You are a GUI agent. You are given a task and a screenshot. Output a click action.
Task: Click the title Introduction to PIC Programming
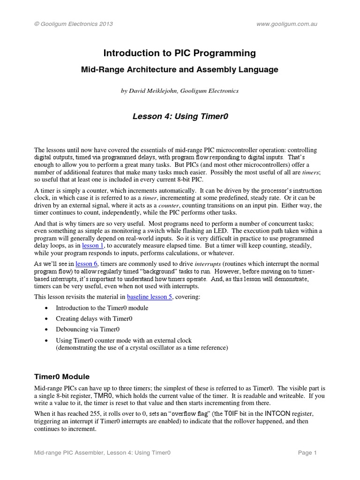(x=180, y=53)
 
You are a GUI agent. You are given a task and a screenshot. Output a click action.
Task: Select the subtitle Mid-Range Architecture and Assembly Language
(x=180, y=69)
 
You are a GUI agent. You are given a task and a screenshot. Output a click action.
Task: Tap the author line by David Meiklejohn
(x=180, y=91)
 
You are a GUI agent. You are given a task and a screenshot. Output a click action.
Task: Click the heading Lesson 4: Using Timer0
(x=180, y=116)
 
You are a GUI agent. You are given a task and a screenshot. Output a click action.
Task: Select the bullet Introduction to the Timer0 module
(x=102, y=308)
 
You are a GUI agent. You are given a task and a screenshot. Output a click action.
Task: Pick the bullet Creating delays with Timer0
(x=94, y=319)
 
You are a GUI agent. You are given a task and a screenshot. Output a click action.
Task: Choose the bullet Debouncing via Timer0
(x=89, y=330)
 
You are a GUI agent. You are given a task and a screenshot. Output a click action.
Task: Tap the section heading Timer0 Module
(x=62, y=377)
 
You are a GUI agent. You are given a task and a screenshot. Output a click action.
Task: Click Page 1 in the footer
(x=307, y=453)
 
